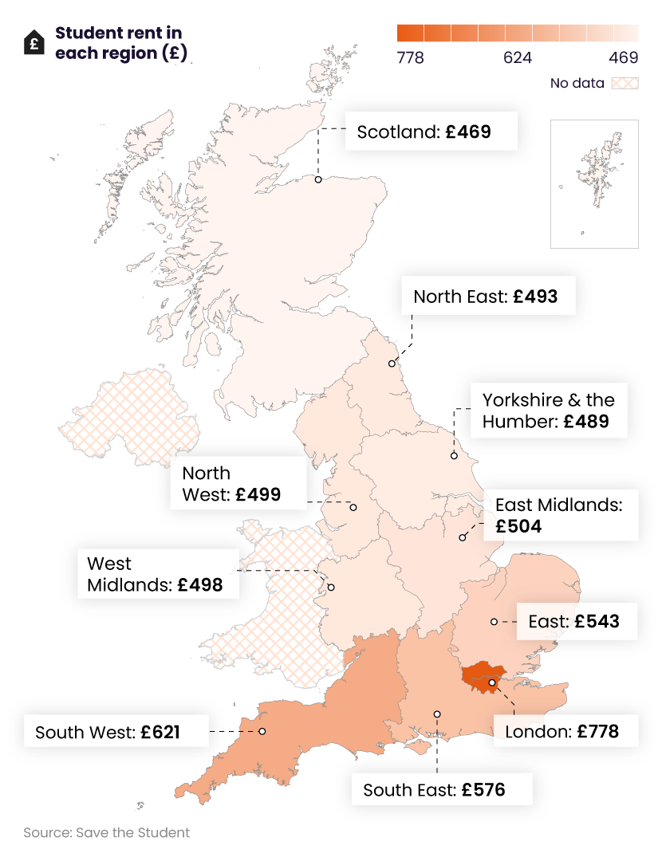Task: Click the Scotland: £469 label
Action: click(431, 132)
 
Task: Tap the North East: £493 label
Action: click(485, 297)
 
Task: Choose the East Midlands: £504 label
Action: click(558, 515)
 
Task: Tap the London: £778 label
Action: click(562, 730)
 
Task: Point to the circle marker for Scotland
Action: click(317, 179)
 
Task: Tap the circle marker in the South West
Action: click(262, 731)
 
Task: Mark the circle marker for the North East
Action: click(392, 364)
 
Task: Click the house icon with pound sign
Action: click(34, 42)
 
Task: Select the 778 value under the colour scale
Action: click(411, 58)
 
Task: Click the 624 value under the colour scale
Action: click(518, 58)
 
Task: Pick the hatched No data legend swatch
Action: click(625, 83)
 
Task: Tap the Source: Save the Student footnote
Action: click(107, 832)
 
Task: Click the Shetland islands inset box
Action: click(594, 184)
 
